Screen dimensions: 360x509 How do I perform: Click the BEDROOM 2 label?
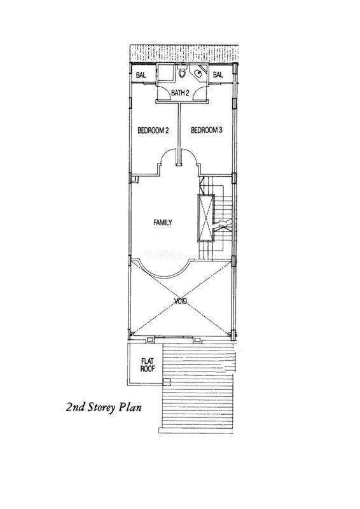coord(153,130)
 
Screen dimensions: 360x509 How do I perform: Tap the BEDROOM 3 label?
coord(207,130)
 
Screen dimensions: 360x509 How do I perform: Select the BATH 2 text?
coord(180,93)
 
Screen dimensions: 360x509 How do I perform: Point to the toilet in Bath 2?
coord(182,71)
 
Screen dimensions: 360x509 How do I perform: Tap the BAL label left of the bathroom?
coord(141,75)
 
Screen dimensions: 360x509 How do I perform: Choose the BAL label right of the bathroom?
coord(218,74)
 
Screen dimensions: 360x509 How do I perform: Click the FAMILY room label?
coord(163,223)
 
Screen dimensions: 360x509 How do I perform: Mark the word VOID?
coord(181,302)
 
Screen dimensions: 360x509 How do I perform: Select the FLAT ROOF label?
coord(148,365)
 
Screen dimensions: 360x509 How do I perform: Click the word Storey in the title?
coord(100,407)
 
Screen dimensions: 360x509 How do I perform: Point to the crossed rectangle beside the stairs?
coord(206,218)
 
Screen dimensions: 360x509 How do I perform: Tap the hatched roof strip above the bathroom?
coord(184,53)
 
